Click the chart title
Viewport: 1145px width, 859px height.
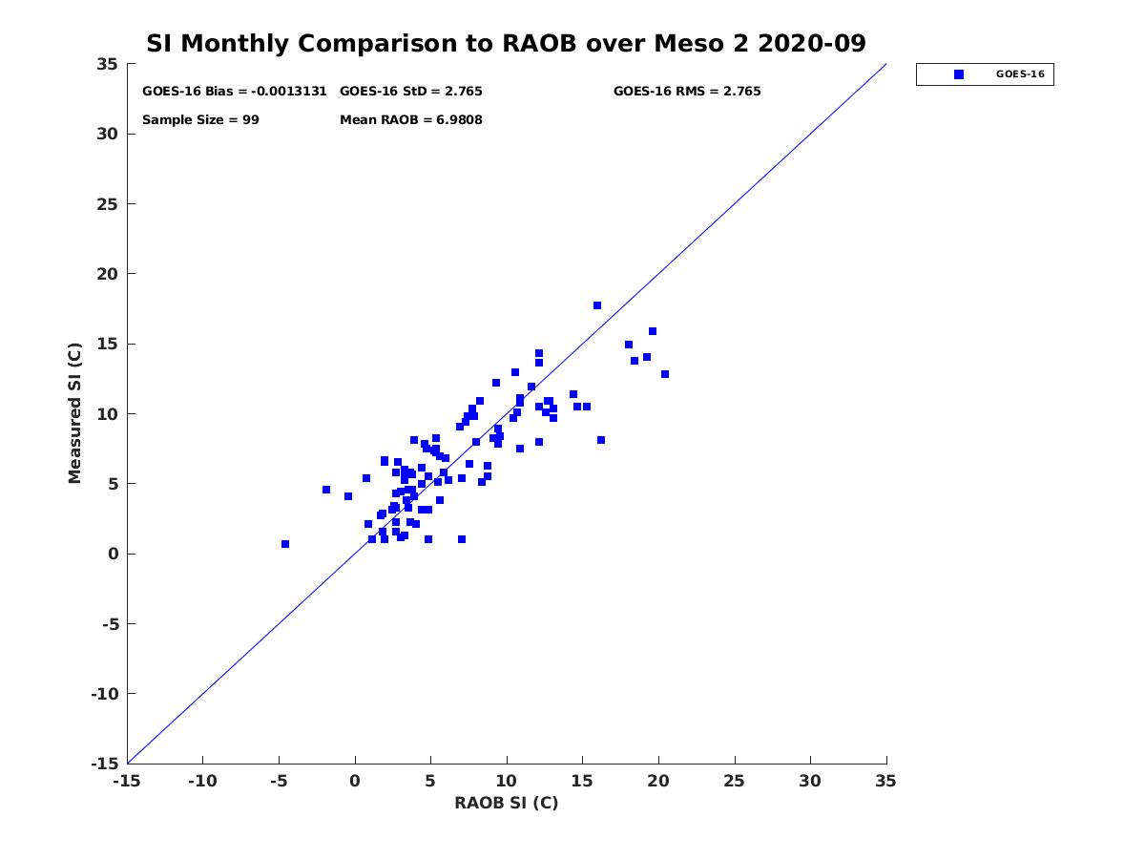coord(506,43)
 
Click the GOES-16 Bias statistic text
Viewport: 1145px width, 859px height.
coord(235,92)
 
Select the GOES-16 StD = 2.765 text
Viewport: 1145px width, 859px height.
coord(411,92)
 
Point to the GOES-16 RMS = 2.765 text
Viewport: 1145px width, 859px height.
coord(687,92)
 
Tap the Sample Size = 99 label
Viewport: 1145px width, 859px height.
coord(200,120)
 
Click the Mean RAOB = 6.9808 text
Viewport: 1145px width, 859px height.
coord(411,120)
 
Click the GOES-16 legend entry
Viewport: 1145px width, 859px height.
coord(985,74)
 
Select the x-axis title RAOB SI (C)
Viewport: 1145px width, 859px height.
coord(506,803)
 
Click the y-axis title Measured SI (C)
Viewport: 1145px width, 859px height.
coord(75,413)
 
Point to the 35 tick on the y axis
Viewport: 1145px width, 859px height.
coord(107,64)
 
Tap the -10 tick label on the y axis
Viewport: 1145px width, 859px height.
coord(103,694)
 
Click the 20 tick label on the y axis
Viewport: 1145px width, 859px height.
coord(107,274)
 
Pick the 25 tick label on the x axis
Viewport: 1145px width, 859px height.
coord(735,781)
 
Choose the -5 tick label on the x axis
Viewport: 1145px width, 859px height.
coord(278,781)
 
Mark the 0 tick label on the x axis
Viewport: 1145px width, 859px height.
coord(355,781)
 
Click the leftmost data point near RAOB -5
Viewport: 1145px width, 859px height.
coord(285,544)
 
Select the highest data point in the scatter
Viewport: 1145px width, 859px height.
coord(597,305)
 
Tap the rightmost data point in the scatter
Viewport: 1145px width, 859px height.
coord(665,374)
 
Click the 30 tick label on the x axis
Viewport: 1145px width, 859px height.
coord(810,781)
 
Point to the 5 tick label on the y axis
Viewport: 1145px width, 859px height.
coord(112,484)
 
